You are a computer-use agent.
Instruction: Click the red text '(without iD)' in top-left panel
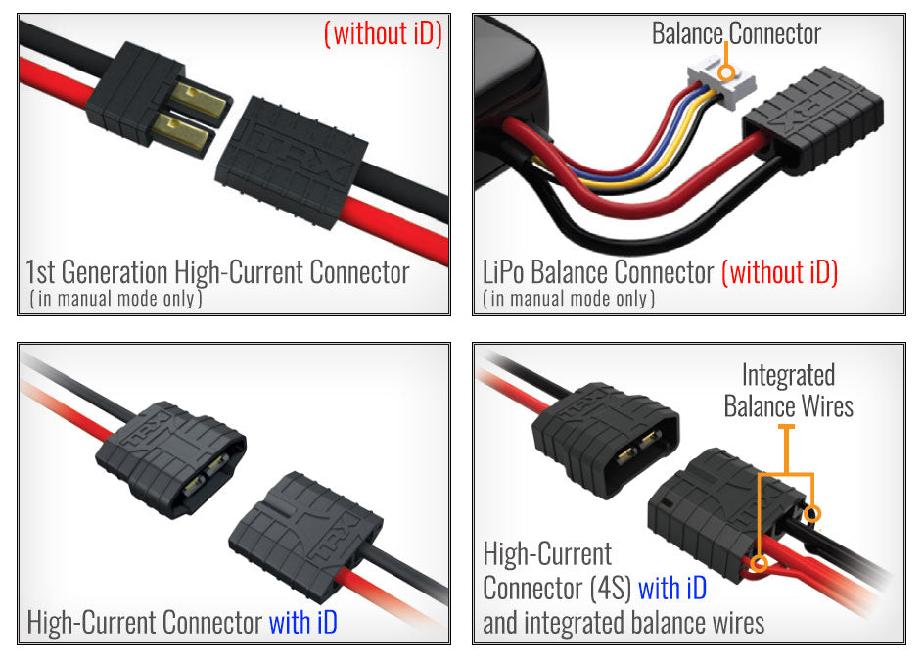(383, 34)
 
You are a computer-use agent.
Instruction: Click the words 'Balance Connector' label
(736, 34)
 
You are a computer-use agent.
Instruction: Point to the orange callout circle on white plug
(725, 72)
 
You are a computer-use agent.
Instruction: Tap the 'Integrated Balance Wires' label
(788, 390)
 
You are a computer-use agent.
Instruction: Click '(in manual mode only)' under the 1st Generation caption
(115, 298)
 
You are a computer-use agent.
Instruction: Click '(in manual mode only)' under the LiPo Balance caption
(568, 298)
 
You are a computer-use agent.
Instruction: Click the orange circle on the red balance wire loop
(757, 561)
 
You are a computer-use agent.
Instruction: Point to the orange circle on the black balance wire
(811, 514)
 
